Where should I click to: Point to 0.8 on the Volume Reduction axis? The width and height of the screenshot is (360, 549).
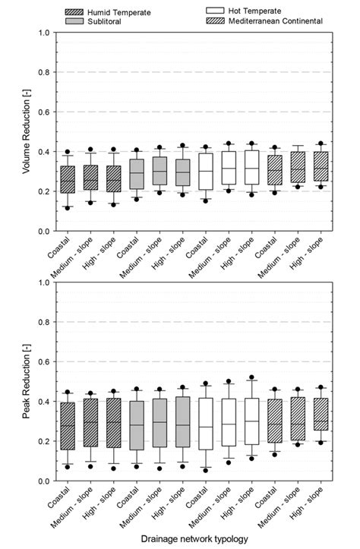(45, 72)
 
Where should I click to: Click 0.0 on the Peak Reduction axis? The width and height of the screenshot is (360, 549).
(45, 481)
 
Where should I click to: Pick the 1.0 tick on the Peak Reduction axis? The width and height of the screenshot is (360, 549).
(45, 282)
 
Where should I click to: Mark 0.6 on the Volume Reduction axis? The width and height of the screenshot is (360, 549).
(45, 112)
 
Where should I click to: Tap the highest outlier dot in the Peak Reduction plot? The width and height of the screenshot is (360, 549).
(251, 377)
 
